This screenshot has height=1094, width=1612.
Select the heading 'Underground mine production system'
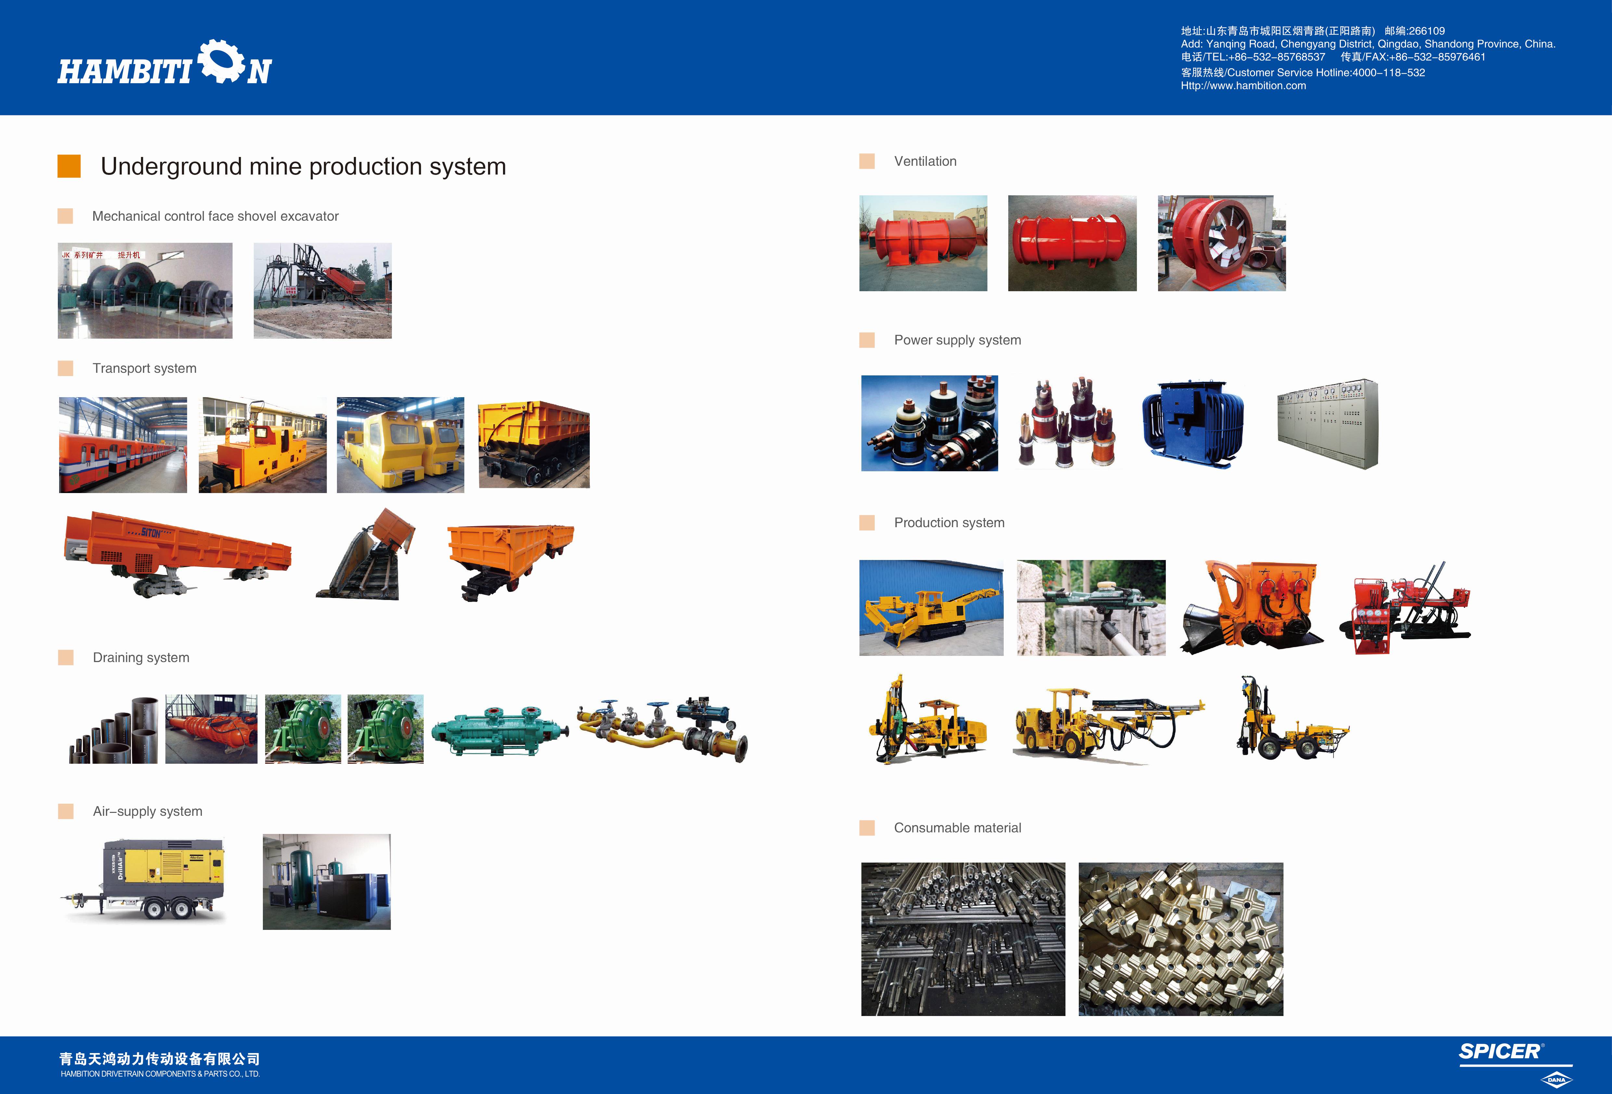303,166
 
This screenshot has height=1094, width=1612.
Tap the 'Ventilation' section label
925,161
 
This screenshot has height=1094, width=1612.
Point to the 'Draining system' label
141,658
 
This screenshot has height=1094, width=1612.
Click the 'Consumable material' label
957,827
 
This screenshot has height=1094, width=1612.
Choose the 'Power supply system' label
957,340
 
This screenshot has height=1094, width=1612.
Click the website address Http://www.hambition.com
1243,85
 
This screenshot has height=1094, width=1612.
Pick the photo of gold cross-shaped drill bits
1180,939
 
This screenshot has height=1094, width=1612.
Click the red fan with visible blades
1221,243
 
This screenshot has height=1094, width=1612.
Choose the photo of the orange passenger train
123,445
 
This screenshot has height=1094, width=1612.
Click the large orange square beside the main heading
69,166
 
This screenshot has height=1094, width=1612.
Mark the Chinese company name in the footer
160,1059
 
